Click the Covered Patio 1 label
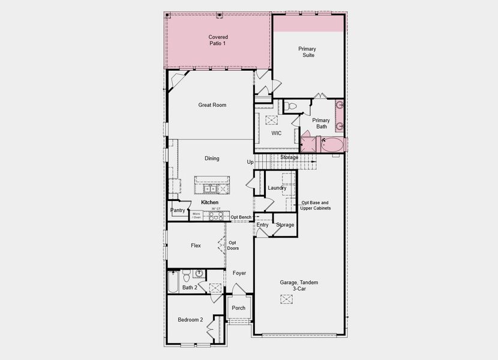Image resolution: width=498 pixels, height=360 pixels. tap(218, 40)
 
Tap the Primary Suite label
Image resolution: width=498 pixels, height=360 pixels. tap(307, 52)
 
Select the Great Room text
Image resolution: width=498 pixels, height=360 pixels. tap(212, 105)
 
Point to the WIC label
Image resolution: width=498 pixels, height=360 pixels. tap(277, 133)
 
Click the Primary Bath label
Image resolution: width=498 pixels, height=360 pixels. tap(321, 123)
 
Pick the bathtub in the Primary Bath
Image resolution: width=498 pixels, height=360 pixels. tap(331, 144)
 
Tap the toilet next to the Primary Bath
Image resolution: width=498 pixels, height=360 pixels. tap(291, 106)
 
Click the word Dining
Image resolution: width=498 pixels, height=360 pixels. tap(212, 158)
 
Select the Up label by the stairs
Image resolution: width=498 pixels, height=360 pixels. tap(250, 162)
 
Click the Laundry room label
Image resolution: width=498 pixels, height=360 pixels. tap(277, 188)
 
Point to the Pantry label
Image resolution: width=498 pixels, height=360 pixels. tap(178, 210)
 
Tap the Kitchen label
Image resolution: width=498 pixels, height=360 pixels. tap(209, 203)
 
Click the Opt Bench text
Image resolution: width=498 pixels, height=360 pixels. tap(241, 217)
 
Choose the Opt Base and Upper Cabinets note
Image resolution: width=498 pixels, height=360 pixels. tap(316, 205)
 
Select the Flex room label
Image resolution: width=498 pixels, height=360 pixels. tap(196, 245)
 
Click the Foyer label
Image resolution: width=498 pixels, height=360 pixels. tap(239, 273)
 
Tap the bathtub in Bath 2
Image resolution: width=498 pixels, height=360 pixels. tap(173, 282)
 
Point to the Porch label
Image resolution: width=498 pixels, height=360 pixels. tap(239, 308)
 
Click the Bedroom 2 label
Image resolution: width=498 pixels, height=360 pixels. tap(190, 320)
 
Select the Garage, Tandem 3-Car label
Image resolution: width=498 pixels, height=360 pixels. tap(299, 286)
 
